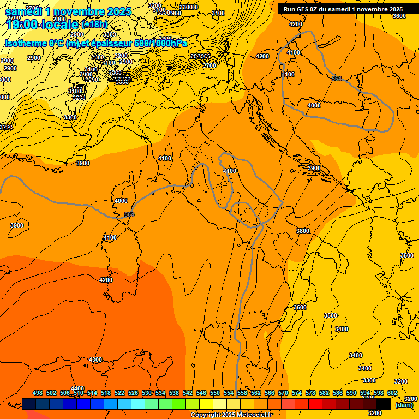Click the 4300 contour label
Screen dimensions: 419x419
95,360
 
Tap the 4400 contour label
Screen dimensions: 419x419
77,388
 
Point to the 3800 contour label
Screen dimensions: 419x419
302,231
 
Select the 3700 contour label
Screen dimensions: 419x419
209,65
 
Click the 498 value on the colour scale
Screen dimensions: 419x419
38,393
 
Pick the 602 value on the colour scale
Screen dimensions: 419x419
392,393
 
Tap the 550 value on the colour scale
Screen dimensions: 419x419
215,393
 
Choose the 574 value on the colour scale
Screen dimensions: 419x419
297,393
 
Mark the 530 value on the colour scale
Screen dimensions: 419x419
147,393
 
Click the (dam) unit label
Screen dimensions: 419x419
404,405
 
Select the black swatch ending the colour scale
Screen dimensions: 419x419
383,404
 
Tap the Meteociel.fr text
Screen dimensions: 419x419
255,415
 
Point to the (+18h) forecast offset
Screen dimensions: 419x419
94,24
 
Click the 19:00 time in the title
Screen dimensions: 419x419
23,25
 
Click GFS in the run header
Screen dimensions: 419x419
305,9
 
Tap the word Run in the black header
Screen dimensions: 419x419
290,9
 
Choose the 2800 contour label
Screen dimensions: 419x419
59,19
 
